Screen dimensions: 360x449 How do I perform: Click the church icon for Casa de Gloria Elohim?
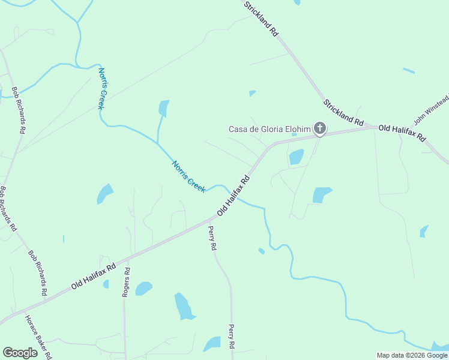point(320,128)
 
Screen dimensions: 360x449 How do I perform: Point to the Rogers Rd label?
point(126,282)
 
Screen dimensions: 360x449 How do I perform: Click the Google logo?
point(20,353)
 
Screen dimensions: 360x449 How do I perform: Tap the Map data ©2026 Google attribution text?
point(412,355)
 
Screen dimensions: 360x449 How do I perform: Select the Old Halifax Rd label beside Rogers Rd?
point(93,277)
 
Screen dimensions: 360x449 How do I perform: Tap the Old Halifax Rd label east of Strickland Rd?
point(402,133)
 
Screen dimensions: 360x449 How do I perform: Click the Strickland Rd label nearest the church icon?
point(343,112)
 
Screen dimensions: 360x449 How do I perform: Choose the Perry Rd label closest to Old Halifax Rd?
point(212,238)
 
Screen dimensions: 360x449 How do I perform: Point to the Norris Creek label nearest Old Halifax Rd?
point(188,176)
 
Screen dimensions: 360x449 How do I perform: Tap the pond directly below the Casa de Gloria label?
point(297,157)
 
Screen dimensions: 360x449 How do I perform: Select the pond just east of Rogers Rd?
point(143,289)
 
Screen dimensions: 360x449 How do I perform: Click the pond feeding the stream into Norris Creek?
point(163,108)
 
